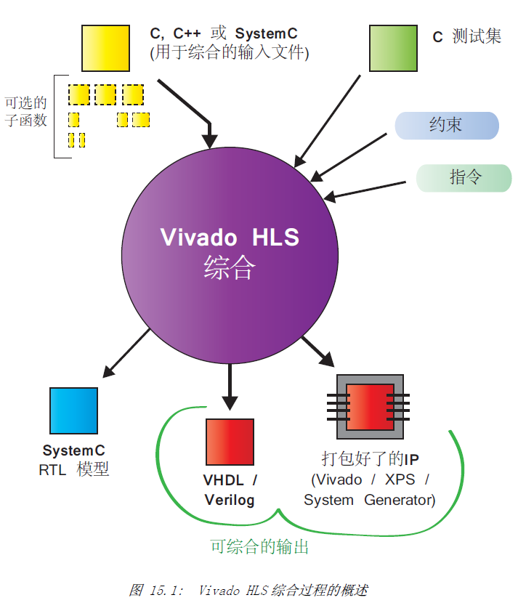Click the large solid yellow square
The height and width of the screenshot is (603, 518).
(105, 48)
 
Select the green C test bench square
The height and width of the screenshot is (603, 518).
(393, 48)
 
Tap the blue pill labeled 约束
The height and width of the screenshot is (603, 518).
(447, 126)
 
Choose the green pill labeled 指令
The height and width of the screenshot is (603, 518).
(464, 178)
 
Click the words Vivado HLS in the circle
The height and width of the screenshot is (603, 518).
(230, 237)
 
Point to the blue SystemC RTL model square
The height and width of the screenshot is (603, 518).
(73, 410)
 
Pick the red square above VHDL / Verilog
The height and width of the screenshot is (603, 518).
(230, 442)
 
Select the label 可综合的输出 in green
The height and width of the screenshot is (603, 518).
(259, 546)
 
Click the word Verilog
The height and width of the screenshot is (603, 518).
(230, 500)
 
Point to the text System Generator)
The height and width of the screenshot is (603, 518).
(370, 500)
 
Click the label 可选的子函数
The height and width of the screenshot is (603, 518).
(25, 112)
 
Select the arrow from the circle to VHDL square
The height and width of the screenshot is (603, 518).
(230, 387)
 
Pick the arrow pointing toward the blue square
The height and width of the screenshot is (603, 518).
(126, 352)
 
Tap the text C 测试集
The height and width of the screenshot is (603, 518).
(467, 36)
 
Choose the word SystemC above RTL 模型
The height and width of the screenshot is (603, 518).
(73, 450)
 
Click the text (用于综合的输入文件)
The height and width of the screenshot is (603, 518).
(229, 53)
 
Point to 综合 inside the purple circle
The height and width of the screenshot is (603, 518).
(230, 267)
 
